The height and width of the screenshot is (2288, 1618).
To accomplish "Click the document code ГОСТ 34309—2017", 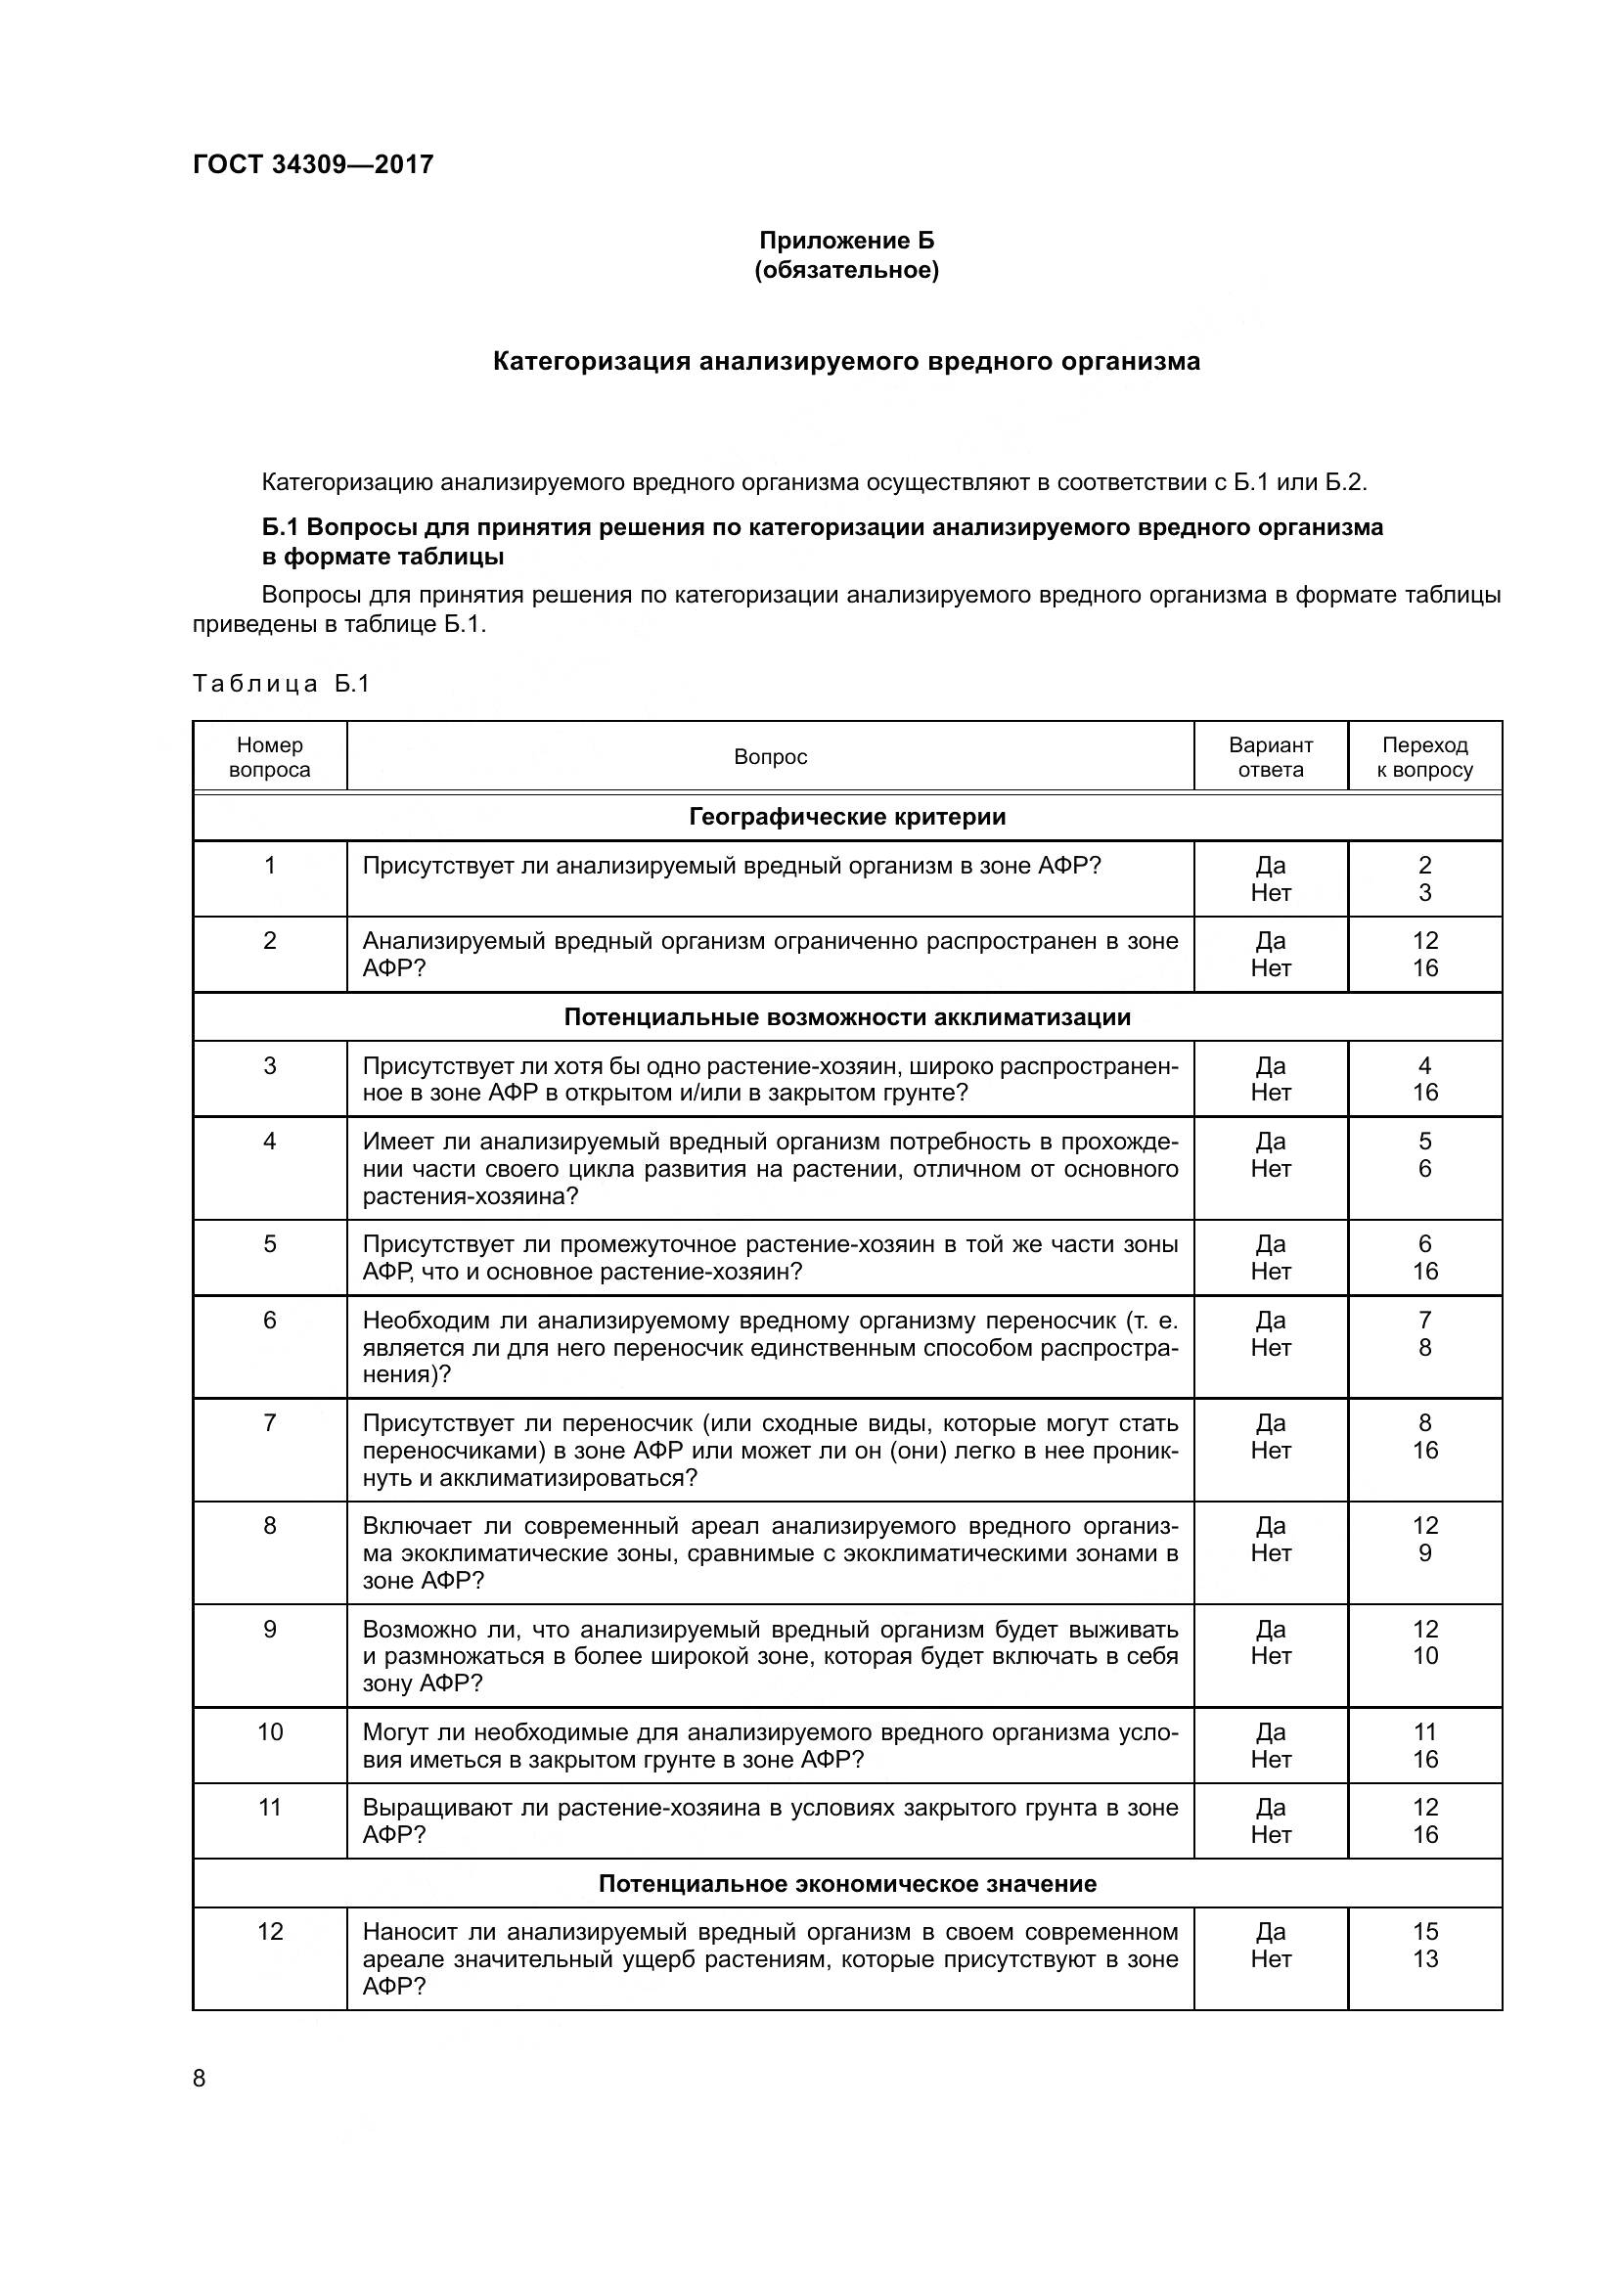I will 313,164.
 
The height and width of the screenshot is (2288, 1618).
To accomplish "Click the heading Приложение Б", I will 846,241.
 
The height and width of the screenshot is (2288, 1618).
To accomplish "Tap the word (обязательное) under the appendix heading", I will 846,270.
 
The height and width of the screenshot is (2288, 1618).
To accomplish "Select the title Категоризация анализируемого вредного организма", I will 846,361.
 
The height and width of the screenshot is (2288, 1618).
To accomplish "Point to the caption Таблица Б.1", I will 281,684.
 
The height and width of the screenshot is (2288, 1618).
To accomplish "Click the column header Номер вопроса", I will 270,757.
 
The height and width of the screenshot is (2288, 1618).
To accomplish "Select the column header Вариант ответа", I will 1271,757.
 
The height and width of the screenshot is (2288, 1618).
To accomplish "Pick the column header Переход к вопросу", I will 1424,757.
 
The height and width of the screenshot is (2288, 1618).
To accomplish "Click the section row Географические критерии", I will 847,817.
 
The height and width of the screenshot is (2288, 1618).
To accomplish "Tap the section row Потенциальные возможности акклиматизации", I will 847,1017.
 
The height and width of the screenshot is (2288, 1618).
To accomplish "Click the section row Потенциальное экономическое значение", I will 847,1883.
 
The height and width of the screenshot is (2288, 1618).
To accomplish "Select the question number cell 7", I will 270,1423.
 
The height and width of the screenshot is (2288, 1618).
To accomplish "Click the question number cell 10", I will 270,1732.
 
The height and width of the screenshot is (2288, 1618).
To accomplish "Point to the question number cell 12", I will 270,1931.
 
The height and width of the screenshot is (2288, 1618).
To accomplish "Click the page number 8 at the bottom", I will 200,2079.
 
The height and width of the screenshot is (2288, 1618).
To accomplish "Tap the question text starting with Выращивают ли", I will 769,1820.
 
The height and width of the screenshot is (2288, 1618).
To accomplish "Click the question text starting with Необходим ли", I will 769,1347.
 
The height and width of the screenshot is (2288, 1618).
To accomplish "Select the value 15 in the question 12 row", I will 1424,1931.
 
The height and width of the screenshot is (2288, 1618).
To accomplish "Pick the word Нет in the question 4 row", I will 1271,1169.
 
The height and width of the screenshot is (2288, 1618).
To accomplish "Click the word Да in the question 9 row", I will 1271,1630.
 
